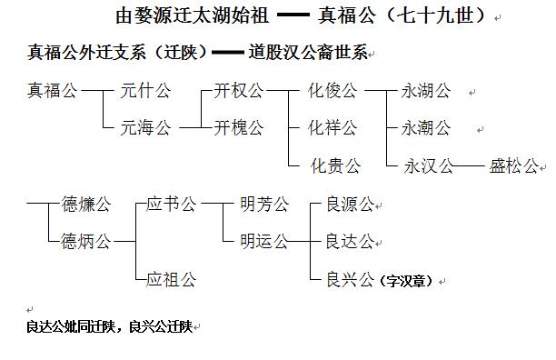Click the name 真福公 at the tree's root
52,91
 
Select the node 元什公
146,91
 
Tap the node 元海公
146,128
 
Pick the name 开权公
239,91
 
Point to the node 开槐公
239,128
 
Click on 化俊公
333,91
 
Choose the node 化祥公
333,128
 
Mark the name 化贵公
336,166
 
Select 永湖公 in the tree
427,91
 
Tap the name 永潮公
427,128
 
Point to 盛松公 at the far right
514,166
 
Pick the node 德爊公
85,204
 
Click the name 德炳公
85,241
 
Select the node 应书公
172,204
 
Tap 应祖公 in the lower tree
172,279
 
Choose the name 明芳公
263,204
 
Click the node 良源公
350,204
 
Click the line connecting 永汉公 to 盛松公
469,166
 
